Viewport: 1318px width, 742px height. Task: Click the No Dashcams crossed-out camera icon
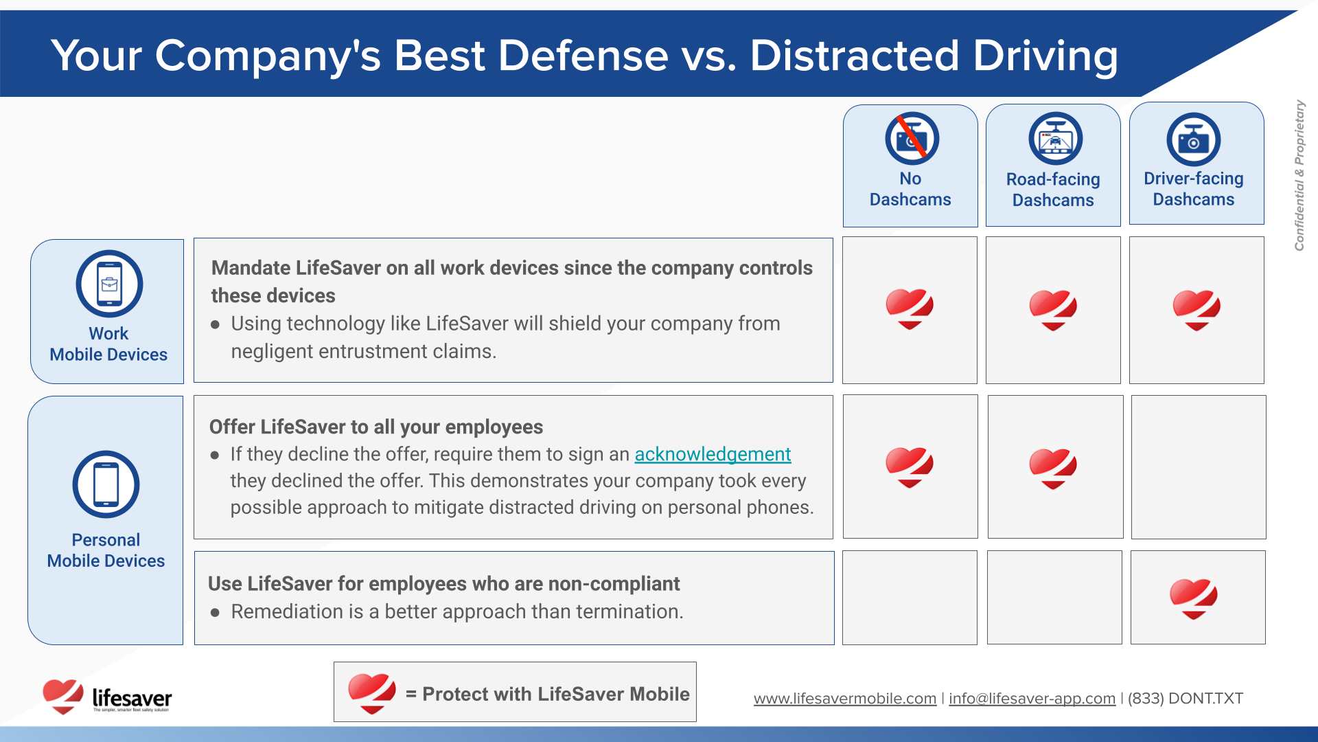[912, 138]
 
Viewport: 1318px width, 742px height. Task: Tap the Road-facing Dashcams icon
[1055, 138]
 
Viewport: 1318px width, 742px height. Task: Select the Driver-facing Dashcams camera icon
[1194, 139]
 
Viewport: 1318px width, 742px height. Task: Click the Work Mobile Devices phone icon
[109, 284]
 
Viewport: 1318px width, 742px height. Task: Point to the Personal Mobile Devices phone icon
[106, 484]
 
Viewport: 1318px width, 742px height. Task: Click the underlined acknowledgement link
[713, 454]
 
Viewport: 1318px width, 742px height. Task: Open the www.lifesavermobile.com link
[845, 699]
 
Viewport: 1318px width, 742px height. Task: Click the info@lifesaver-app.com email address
[1032, 699]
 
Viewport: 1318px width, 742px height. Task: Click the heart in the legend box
[371, 693]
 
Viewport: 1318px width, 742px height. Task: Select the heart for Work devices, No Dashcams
[910, 309]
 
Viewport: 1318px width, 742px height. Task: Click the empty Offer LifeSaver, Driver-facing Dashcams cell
[1199, 466]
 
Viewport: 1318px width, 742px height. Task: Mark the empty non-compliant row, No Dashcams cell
[910, 598]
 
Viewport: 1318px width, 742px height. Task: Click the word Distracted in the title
[855, 55]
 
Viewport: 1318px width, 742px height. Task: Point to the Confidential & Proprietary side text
[1299, 175]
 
